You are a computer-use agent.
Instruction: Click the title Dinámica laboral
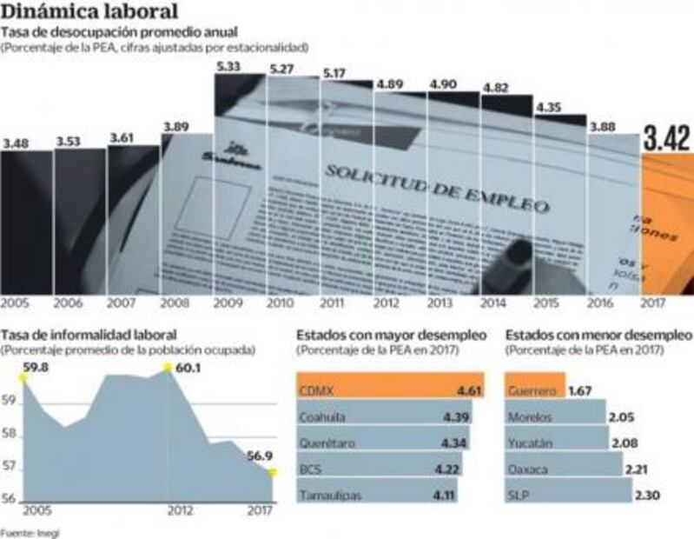(90, 11)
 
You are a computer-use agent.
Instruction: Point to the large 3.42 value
(667, 137)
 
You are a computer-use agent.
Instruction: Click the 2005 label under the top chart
(15, 303)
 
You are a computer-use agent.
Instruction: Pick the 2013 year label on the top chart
(441, 303)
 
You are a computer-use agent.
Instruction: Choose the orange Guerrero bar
(534, 389)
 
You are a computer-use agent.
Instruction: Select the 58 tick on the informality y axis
(10, 435)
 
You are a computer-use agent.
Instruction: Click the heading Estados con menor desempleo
(598, 334)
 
